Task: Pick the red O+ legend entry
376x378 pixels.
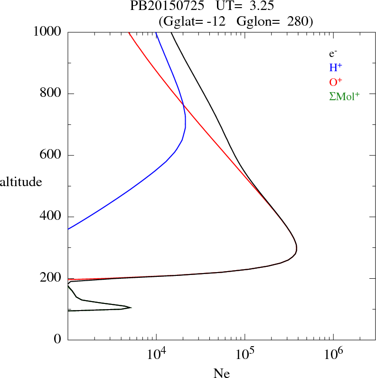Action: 336,82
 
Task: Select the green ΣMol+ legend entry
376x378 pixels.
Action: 344,96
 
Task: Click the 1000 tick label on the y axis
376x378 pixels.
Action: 48,32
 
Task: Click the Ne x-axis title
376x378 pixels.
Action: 222,373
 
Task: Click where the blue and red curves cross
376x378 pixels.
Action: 183,105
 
